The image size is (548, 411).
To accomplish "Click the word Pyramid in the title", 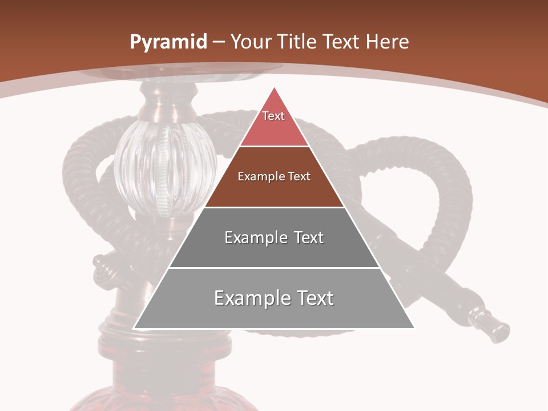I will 168,42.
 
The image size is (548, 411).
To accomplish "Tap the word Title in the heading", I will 297,42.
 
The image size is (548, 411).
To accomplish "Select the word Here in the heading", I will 387,42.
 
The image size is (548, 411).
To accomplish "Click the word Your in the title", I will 251,42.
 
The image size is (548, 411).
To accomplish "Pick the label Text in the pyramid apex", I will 273,116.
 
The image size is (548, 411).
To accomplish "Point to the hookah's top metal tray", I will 177,71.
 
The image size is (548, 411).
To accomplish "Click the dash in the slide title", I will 219,42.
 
